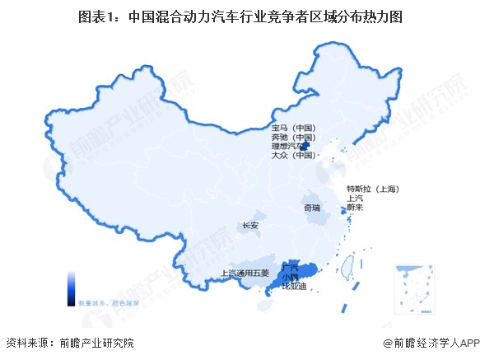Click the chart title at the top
pos(239,16)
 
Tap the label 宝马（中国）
pos(294,128)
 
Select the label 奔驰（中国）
pos(294,137)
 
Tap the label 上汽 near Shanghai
pos(356,198)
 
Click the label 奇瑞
pos(311,208)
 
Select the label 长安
pos(250,225)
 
